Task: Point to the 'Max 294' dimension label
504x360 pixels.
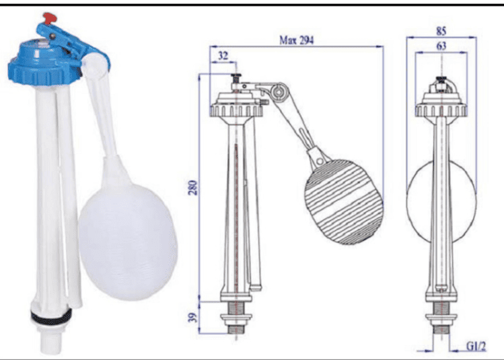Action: click(x=296, y=40)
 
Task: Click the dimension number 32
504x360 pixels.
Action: click(x=223, y=56)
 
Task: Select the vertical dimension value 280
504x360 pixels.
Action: click(x=193, y=188)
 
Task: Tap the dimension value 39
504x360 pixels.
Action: click(x=193, y=318)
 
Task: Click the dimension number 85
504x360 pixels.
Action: click(x=441, y=31)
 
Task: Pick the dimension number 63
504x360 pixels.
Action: click(x=441, y=46)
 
